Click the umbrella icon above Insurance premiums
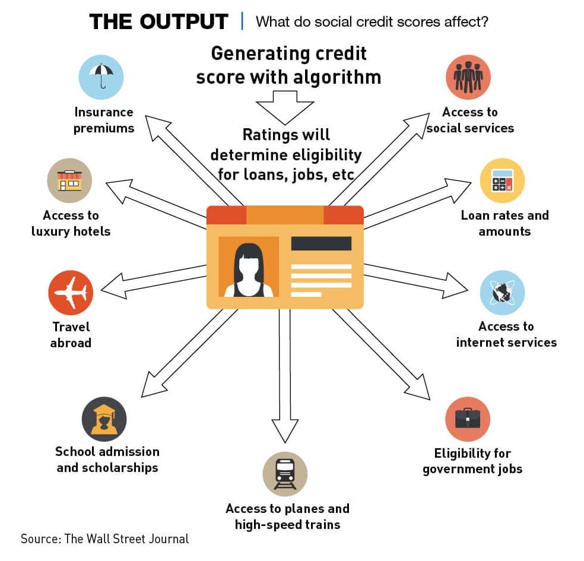101,77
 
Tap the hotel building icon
69,180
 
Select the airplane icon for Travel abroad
71,293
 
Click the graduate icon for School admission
104,419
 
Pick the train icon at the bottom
285,474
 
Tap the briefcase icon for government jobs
468,419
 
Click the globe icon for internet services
503,293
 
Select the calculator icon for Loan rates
503,180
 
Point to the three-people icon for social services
468,77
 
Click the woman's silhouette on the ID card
249,271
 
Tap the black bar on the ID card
322,243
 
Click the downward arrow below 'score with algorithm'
285,107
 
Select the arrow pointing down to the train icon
285,376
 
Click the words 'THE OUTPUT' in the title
158,21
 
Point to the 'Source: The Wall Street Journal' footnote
104,538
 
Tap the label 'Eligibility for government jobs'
472,461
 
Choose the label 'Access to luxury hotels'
71,223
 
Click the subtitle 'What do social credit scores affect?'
372,21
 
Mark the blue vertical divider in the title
243,21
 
